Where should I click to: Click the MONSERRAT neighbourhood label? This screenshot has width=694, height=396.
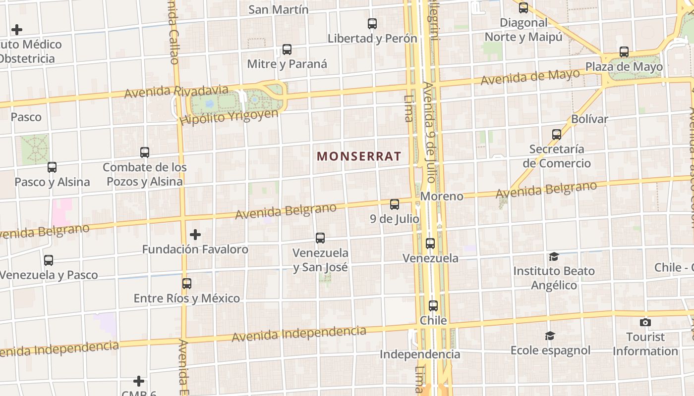359,156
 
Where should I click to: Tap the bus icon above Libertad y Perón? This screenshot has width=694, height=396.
372,23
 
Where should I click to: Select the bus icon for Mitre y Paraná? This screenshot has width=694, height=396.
287,49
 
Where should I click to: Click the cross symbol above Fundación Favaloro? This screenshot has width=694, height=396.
195,234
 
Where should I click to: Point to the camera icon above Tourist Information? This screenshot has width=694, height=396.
645,323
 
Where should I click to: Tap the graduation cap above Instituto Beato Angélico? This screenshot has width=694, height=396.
554,256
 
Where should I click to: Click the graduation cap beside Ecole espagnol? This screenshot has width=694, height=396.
550,336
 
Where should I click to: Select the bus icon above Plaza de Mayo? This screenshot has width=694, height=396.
624,52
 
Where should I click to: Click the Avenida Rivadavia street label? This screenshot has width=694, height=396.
176,92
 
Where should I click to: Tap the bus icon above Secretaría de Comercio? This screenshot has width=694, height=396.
557,134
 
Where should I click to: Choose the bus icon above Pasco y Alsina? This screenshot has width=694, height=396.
52,167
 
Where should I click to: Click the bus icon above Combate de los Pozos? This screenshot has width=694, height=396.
145,152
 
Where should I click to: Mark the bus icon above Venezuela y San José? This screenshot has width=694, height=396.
320,238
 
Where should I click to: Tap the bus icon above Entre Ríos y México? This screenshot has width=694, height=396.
187,284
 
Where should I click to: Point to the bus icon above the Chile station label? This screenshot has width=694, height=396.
433,306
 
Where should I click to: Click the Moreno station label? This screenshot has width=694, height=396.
442,197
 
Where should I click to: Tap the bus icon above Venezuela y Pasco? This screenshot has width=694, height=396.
49,260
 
